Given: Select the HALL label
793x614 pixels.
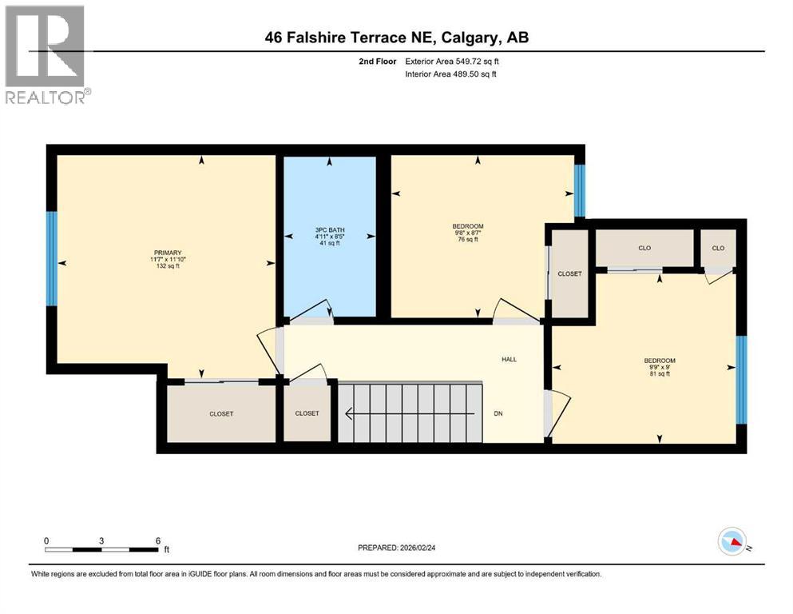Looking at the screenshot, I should tap(509, 359).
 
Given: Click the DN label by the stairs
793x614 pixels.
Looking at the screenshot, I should tap(498, 413).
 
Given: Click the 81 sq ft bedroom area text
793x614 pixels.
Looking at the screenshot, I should tap(659, 374).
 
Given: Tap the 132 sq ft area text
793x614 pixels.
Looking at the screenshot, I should tap(168, 266).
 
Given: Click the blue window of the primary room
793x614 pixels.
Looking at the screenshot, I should tap(52, 258).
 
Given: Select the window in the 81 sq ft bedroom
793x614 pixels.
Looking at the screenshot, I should tap(740, 380).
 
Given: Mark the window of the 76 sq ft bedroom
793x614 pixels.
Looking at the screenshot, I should tap(580, 190).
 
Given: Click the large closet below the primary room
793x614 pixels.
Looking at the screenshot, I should tap(221, 413).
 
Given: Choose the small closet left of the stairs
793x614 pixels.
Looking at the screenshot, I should tap(307, 413).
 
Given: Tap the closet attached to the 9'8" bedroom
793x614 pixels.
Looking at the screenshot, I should tap(570, 273).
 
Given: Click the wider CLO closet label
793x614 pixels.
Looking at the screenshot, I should tap(644, 248).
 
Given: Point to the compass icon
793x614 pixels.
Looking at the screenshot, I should tap(732, 543).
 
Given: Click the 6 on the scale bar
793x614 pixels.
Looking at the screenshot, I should tap(157, 540).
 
